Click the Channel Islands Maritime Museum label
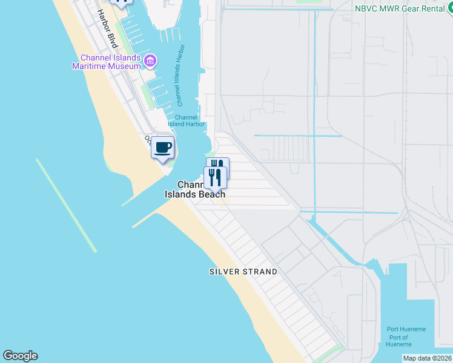107,62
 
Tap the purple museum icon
150,60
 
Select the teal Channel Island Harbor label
187,120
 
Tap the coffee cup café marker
162,148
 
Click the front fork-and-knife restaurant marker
214,177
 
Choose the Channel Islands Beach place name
195,189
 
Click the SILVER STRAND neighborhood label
243,272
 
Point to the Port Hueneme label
406,329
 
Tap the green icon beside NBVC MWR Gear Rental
449,8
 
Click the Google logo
20,356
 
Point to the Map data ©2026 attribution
427,358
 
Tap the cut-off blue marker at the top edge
122,3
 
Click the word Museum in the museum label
124,66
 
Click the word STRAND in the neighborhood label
259,272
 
